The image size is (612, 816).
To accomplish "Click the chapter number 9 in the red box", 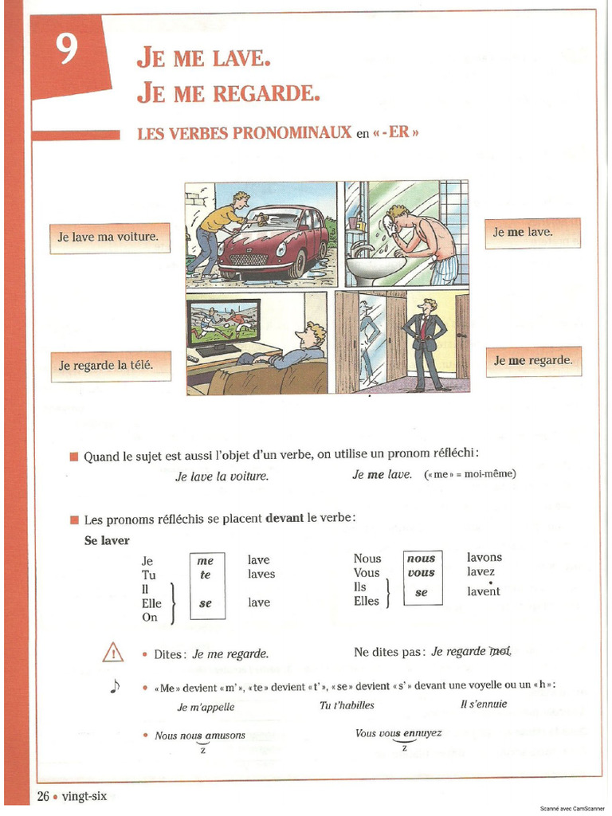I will coord(68,51).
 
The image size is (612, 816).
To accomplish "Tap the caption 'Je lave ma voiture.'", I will coord(108,237).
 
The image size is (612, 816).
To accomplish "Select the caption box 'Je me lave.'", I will coord(532,233).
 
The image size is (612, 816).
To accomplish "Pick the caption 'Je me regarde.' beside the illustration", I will coord(533,361).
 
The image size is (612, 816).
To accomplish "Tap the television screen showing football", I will coord(223,321).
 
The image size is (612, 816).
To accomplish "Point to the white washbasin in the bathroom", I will coord(375,268).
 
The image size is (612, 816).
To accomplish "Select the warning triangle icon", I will coord(113,653).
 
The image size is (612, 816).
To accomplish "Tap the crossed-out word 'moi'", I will coord(500,651).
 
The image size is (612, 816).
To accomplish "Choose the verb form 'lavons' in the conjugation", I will coord(484,557).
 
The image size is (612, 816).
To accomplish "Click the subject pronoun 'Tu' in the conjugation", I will coord(148,575).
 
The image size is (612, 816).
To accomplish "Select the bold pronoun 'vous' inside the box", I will coord(421,573).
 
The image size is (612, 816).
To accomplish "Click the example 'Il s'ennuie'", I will coord(483,704).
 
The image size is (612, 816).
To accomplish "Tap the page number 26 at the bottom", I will coord(43,796).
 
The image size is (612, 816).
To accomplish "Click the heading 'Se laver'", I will coord(107,541).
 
